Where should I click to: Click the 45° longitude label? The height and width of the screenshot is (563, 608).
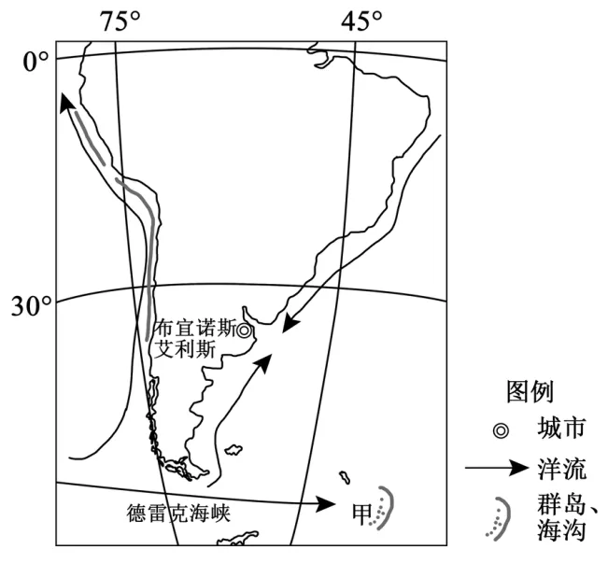361,21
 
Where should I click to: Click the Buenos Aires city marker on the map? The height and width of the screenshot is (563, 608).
244,330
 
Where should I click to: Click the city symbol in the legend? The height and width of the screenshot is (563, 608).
502,429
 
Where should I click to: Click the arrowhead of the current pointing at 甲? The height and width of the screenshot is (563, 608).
327,504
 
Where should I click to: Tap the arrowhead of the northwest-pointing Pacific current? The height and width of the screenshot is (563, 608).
65,100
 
